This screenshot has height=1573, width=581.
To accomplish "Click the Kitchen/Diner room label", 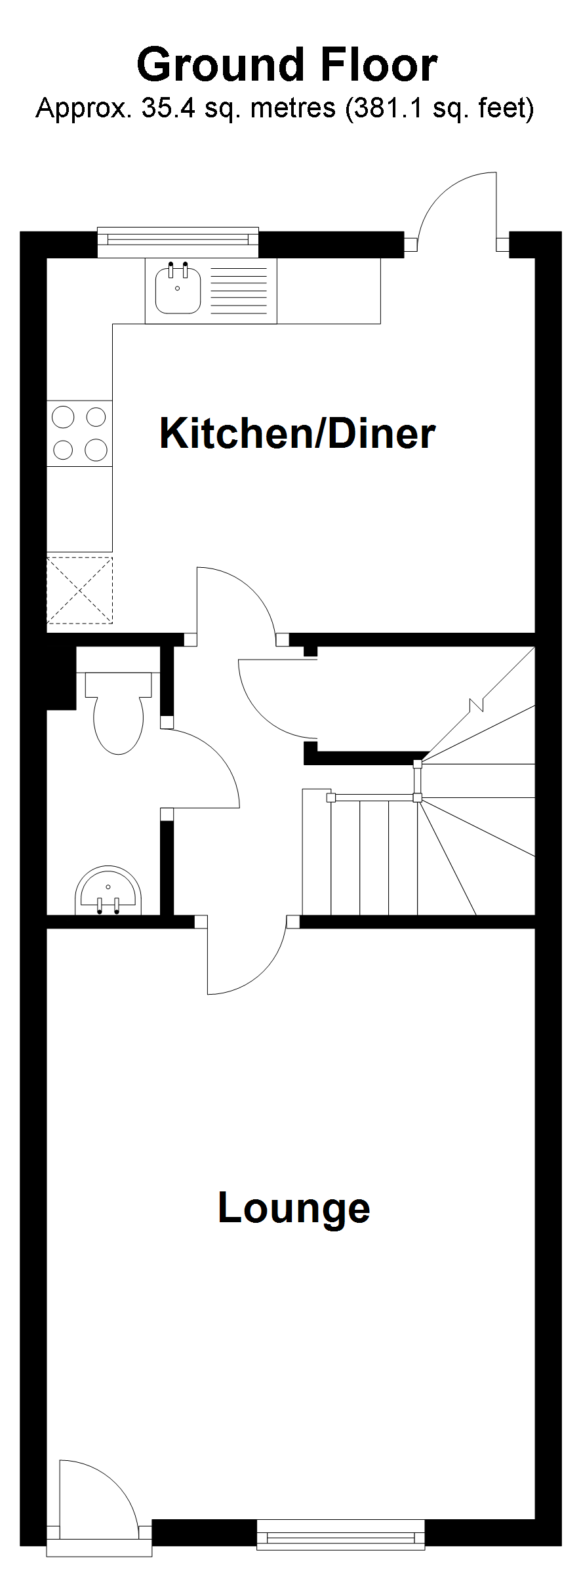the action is pos(297,433).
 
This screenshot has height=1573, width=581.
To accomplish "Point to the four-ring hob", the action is pos(79,433).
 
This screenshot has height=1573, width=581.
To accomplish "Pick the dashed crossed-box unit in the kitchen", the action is pos(79,590).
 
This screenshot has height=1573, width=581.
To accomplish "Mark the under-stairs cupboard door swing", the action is pos(269,708).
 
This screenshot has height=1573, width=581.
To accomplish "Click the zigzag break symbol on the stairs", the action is pos(477,706).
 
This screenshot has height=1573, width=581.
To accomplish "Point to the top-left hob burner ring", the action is pos(64,416).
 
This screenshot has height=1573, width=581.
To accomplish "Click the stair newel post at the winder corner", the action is pos(417,797).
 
